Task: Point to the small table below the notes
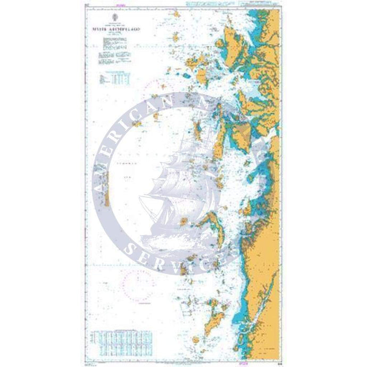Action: click(114, 79)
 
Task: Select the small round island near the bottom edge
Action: click(196, 337)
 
